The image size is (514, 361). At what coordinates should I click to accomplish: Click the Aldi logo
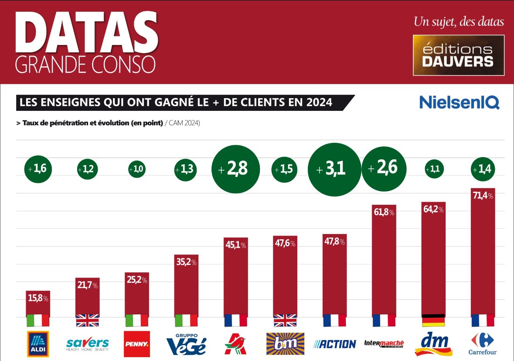38,344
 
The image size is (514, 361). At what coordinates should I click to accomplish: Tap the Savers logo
88,344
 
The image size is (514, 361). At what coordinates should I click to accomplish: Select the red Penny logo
137,344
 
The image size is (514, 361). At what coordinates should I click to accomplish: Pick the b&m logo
285,344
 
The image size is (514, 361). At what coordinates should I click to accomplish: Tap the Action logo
334,344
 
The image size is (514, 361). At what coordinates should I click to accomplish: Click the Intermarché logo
384,344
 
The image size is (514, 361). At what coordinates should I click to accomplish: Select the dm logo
433,344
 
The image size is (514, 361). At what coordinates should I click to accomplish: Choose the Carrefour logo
483,344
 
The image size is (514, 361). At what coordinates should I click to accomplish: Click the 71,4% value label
483,196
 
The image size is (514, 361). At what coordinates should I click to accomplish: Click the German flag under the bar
433,320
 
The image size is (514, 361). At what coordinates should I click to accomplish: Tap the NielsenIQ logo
459,103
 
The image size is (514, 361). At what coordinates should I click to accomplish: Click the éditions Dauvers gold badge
458,55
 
